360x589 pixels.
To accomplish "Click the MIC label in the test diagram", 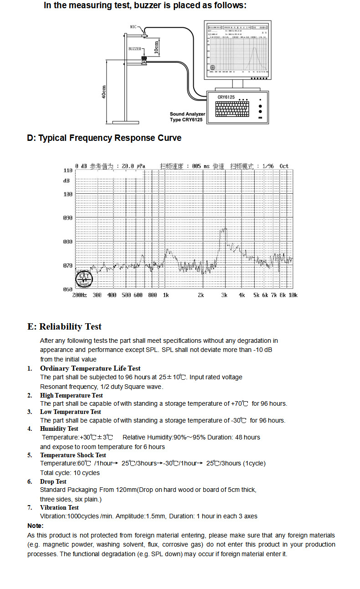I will click(134, 27).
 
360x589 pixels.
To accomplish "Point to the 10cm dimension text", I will click(156, 47).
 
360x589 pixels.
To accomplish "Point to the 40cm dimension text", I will click(104, 92).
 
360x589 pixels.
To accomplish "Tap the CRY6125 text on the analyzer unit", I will click(226, 97).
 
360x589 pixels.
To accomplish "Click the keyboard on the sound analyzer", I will click(234, 109).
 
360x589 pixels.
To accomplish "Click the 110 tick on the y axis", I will click(67, 170).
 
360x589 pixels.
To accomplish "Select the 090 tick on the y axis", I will click(67, 218).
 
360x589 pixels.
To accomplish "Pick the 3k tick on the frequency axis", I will click(224, 295).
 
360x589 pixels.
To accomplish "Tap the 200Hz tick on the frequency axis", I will click(79, 295).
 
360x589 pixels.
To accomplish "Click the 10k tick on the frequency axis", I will click(293, 295).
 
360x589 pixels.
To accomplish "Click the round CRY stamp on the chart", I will click(84, 278).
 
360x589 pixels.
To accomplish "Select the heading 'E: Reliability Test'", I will click(64, 326).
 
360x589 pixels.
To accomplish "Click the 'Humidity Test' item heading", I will click(59, 429).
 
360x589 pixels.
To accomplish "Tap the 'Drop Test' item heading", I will click(53, 481).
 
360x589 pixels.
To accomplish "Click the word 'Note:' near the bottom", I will click(36, 526).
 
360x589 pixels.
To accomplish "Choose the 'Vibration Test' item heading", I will click(59, 507).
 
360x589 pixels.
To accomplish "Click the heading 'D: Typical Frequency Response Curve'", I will click(104, 138).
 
